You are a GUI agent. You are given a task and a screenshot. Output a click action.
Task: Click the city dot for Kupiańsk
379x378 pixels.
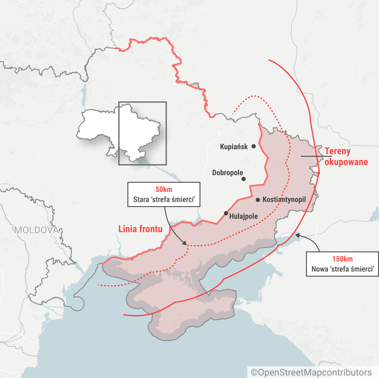(254, 146)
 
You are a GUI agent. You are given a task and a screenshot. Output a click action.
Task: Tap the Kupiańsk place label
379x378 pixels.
(234, 147)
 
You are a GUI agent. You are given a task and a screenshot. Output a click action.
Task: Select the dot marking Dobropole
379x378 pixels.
(243, 179)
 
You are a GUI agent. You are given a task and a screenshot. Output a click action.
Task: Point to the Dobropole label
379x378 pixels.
(228, 173)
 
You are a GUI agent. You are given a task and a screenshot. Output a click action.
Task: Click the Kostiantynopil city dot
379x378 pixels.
(258, 200)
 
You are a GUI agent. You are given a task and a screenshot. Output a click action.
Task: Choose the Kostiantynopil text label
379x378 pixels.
(284, 199)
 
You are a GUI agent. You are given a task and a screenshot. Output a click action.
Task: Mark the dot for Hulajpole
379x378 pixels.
(226, 213)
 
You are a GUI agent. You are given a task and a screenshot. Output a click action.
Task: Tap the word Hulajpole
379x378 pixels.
(243, 216)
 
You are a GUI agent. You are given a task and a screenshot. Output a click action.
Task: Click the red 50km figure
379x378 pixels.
(164, 189)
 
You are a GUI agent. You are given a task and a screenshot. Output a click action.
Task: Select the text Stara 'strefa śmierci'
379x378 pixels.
(164, 199)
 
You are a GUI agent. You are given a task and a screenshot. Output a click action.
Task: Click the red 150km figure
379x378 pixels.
(342, 259)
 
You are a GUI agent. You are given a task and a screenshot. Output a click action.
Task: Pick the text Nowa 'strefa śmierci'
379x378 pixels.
(343, 269)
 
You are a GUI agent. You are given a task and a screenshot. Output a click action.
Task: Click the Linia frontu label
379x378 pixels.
(140, 229)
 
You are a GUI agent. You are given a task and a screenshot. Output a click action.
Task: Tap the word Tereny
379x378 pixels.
(337, 151)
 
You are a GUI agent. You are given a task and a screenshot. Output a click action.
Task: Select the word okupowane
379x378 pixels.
(346, 162)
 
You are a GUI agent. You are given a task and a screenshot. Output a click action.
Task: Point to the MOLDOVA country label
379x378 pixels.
(37, 230)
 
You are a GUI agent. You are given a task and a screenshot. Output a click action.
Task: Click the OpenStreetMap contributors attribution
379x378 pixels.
(311, 372)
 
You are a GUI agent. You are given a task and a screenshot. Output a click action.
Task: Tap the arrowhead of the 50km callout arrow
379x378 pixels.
(185, 244)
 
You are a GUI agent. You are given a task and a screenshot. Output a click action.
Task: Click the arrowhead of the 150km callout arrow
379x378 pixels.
(297, 236)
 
